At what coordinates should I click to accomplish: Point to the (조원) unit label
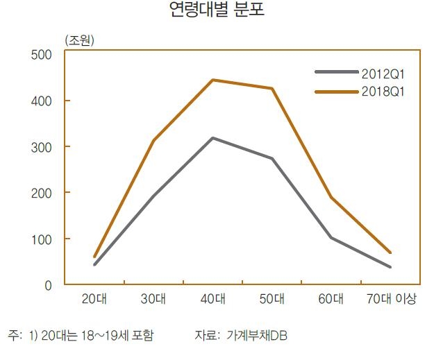click(x=78, y=40)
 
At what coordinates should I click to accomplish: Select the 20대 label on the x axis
click(x=94, y=300)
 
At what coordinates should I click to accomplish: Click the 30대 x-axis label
click(x=153, y=300)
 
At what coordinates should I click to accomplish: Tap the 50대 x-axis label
click(x=272, y=300)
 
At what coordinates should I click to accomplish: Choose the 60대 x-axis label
click(x=331, y=300)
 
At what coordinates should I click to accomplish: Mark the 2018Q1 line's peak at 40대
click(x=212, y=80)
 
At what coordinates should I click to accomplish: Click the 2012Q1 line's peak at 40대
click(x=212, y=138)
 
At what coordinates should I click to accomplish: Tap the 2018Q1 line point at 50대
click(x=272, y=88)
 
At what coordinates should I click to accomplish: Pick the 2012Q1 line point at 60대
click(x=331, y=238)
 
